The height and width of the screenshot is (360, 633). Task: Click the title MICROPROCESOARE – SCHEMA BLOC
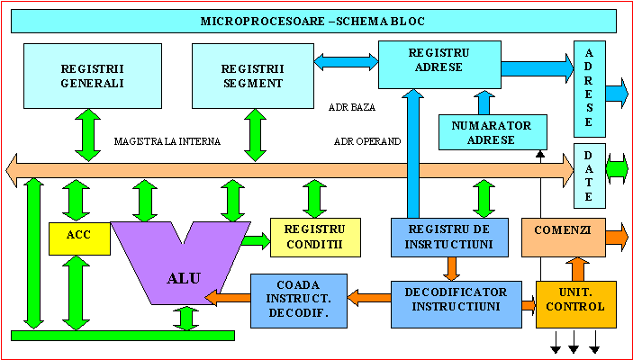pyautogui.click(x=312, y=21)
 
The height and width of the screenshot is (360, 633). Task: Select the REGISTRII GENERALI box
pyautogui.click(x=80, y=76)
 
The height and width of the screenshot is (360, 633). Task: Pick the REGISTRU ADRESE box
pyautogui.click(x=439, y=60)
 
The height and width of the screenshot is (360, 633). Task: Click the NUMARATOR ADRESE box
pyautogui.click(x=491, y=132)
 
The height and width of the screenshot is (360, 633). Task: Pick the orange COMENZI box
pyautogui.click(x=563, y=237)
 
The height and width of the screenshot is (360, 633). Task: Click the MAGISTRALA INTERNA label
pyautogui.click(x=167, y=141)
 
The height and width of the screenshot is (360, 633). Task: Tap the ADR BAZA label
pyautogui.click(x=352, y=106)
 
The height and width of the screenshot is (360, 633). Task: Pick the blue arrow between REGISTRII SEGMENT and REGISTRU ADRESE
pyautogui.click(x=344, y=59)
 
